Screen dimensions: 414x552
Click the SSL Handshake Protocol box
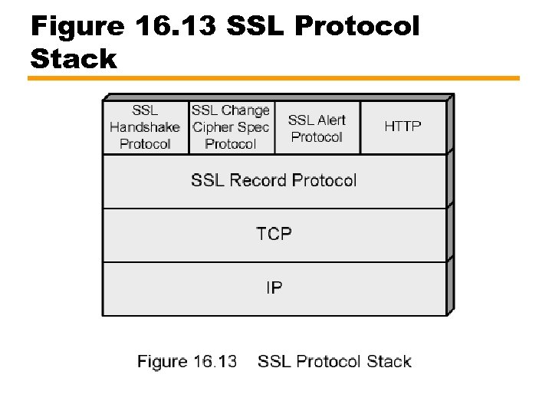click(x=145, y=127)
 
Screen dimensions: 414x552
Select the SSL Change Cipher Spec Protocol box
click(x=231, y=127)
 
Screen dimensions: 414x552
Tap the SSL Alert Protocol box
click(x=317, y=128)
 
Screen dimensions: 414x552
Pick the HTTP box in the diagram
click(x=402, y=127)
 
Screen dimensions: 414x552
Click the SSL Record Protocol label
click(x=274, y=181)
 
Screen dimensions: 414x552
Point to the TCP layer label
click(x=274, y=234)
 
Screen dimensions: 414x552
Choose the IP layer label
click(x=274, y=288)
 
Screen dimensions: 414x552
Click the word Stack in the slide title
click(x=74, y=58)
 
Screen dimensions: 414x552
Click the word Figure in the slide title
click(x=77, y=27)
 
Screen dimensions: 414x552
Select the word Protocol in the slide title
click(x=357, y=27)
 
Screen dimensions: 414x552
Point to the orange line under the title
click(x=274, y=78)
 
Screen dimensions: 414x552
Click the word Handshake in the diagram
click(x=145, y=127)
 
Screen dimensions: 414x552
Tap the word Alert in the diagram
click(x=332, y=120)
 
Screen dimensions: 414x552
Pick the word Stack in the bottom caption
click(x=389, y=362)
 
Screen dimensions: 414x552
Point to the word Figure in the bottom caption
click(x=163, y=362)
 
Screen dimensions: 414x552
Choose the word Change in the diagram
click(x=245, y=110)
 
